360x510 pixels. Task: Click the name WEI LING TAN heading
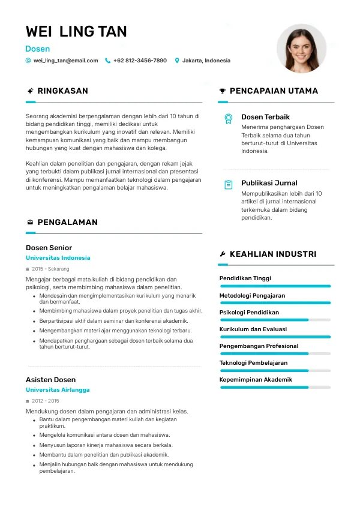click(x=76, y=31)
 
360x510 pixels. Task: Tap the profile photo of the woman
click(x=301, y=48)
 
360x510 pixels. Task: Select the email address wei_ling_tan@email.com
click(x=65, y=61)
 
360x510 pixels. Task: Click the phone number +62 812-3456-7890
click(x=140, y=61)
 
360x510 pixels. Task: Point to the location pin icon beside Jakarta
click(x=177, y=61)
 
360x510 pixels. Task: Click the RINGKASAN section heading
click(x=62, y=91)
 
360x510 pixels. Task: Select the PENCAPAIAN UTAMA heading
click(x=274, y=91)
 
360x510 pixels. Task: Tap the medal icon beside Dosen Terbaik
click(x=228, y=118)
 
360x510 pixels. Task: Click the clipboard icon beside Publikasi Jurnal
click(x=228, y=185)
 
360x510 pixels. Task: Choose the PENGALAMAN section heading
click(x=67, y=222)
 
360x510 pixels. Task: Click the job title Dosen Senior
click(x=49, y=248)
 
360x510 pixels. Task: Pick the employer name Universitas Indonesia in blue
click(x=58, y=258)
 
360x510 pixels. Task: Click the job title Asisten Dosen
click(x=50, y=380)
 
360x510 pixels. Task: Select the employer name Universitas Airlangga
click(x=58, y=390)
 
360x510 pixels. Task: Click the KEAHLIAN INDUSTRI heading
click(x=273, y=254)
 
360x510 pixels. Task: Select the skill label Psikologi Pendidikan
click(x=249, y=313)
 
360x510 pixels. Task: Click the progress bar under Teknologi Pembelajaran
click(x=275, y=371)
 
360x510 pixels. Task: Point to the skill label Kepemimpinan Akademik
click(x=256, y=380)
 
